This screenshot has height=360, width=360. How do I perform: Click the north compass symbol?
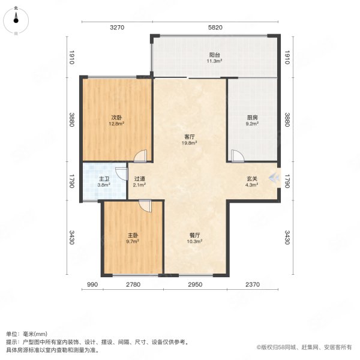click(x=16, y=19)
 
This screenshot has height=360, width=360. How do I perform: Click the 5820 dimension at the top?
click(x=215, y=28)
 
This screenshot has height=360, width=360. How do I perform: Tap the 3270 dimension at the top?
click(x=116, y=28)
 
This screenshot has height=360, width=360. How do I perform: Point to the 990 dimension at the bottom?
click(x=92, y=284)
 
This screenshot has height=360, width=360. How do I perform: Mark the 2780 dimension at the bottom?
click(x=133, y=284)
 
